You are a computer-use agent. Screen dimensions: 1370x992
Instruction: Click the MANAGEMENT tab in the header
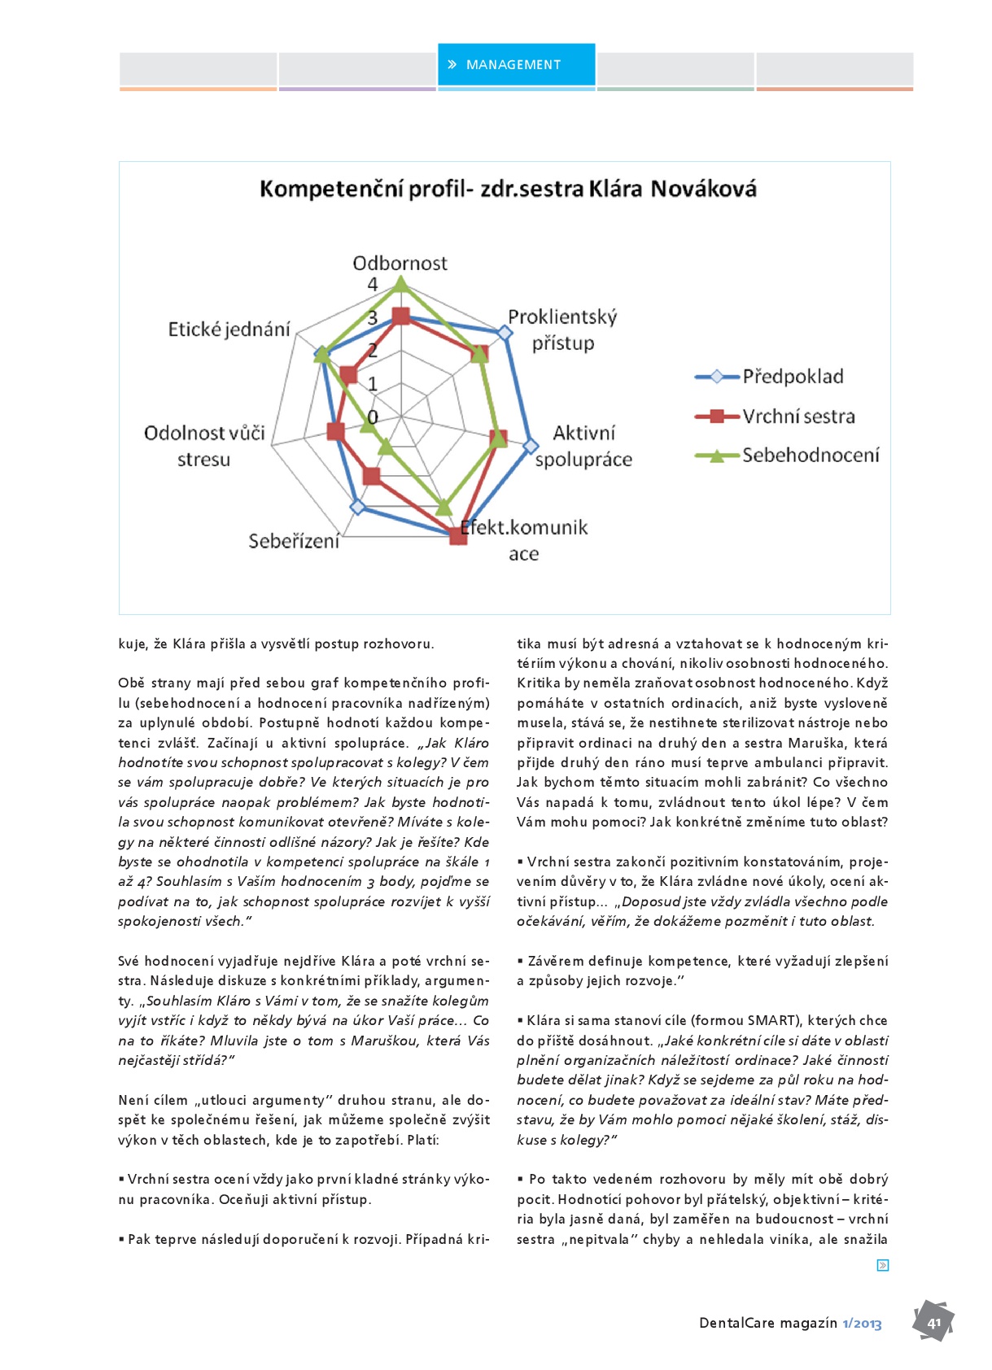point(516,65)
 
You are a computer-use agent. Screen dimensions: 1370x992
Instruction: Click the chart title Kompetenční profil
point(508,190)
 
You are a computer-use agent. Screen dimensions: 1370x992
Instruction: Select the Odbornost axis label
point(400,264)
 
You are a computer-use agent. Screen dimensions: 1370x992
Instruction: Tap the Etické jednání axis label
point(229,329)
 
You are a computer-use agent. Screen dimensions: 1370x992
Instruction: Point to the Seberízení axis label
point(294,541)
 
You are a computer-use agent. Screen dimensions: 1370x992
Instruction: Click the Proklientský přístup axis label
point(562,329)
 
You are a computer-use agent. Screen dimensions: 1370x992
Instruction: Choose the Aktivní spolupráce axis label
point(583,446)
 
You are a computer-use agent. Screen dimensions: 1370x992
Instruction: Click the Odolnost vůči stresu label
point(204,446)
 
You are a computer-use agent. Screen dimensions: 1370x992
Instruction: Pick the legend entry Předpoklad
point(793,377)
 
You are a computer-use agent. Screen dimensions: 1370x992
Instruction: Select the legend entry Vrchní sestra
point(798,417)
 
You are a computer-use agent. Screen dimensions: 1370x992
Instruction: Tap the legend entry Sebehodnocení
point(811,456)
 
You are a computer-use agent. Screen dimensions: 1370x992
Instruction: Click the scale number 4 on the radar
point(373,285)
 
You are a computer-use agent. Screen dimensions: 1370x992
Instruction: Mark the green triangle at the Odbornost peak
point(400,284)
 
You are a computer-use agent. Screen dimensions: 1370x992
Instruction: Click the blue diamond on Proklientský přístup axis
point(505,333)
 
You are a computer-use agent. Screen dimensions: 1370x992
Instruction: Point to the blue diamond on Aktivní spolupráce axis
point(531,446)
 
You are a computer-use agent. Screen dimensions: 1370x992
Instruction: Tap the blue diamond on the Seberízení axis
point(357,508)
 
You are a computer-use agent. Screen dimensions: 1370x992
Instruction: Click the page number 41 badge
point(933,1322)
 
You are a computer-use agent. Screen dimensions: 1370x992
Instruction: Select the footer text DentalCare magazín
point(767,1323)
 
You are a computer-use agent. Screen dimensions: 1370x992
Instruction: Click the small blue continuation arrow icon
point(883,1265)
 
